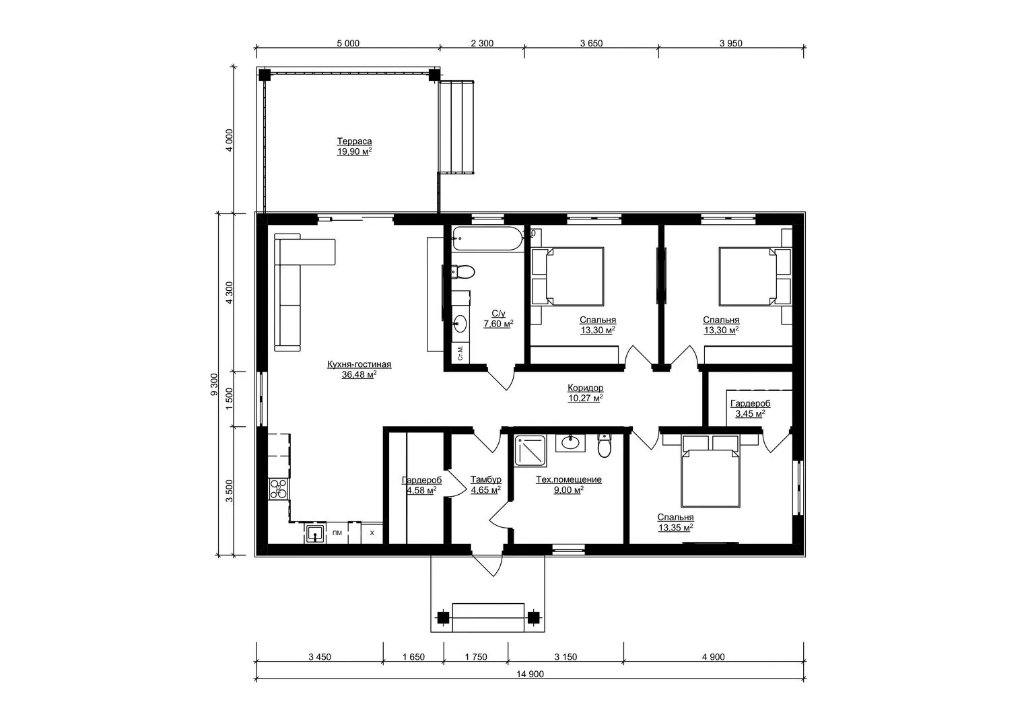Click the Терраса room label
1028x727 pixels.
point(354,141)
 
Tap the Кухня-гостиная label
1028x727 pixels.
point(359,364)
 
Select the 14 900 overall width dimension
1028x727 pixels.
point(530,674)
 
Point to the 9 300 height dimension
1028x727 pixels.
point(214,384)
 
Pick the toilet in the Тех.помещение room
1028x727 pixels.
point(605,446)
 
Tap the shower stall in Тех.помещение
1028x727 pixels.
point(530,451)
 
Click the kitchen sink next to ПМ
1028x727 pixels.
point(315,533)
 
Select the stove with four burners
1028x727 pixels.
point(279,488)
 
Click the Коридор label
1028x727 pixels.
point(585,388)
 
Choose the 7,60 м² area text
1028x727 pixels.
point(498,324)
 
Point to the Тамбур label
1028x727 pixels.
point(485,479)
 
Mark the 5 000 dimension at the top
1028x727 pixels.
point(348,43)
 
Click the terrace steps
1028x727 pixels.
point(456,127)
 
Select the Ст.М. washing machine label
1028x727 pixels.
point(460,353)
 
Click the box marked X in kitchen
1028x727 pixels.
point(372,533)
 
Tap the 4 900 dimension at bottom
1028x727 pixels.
point(713,657)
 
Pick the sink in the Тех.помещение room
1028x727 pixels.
point(570,444)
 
